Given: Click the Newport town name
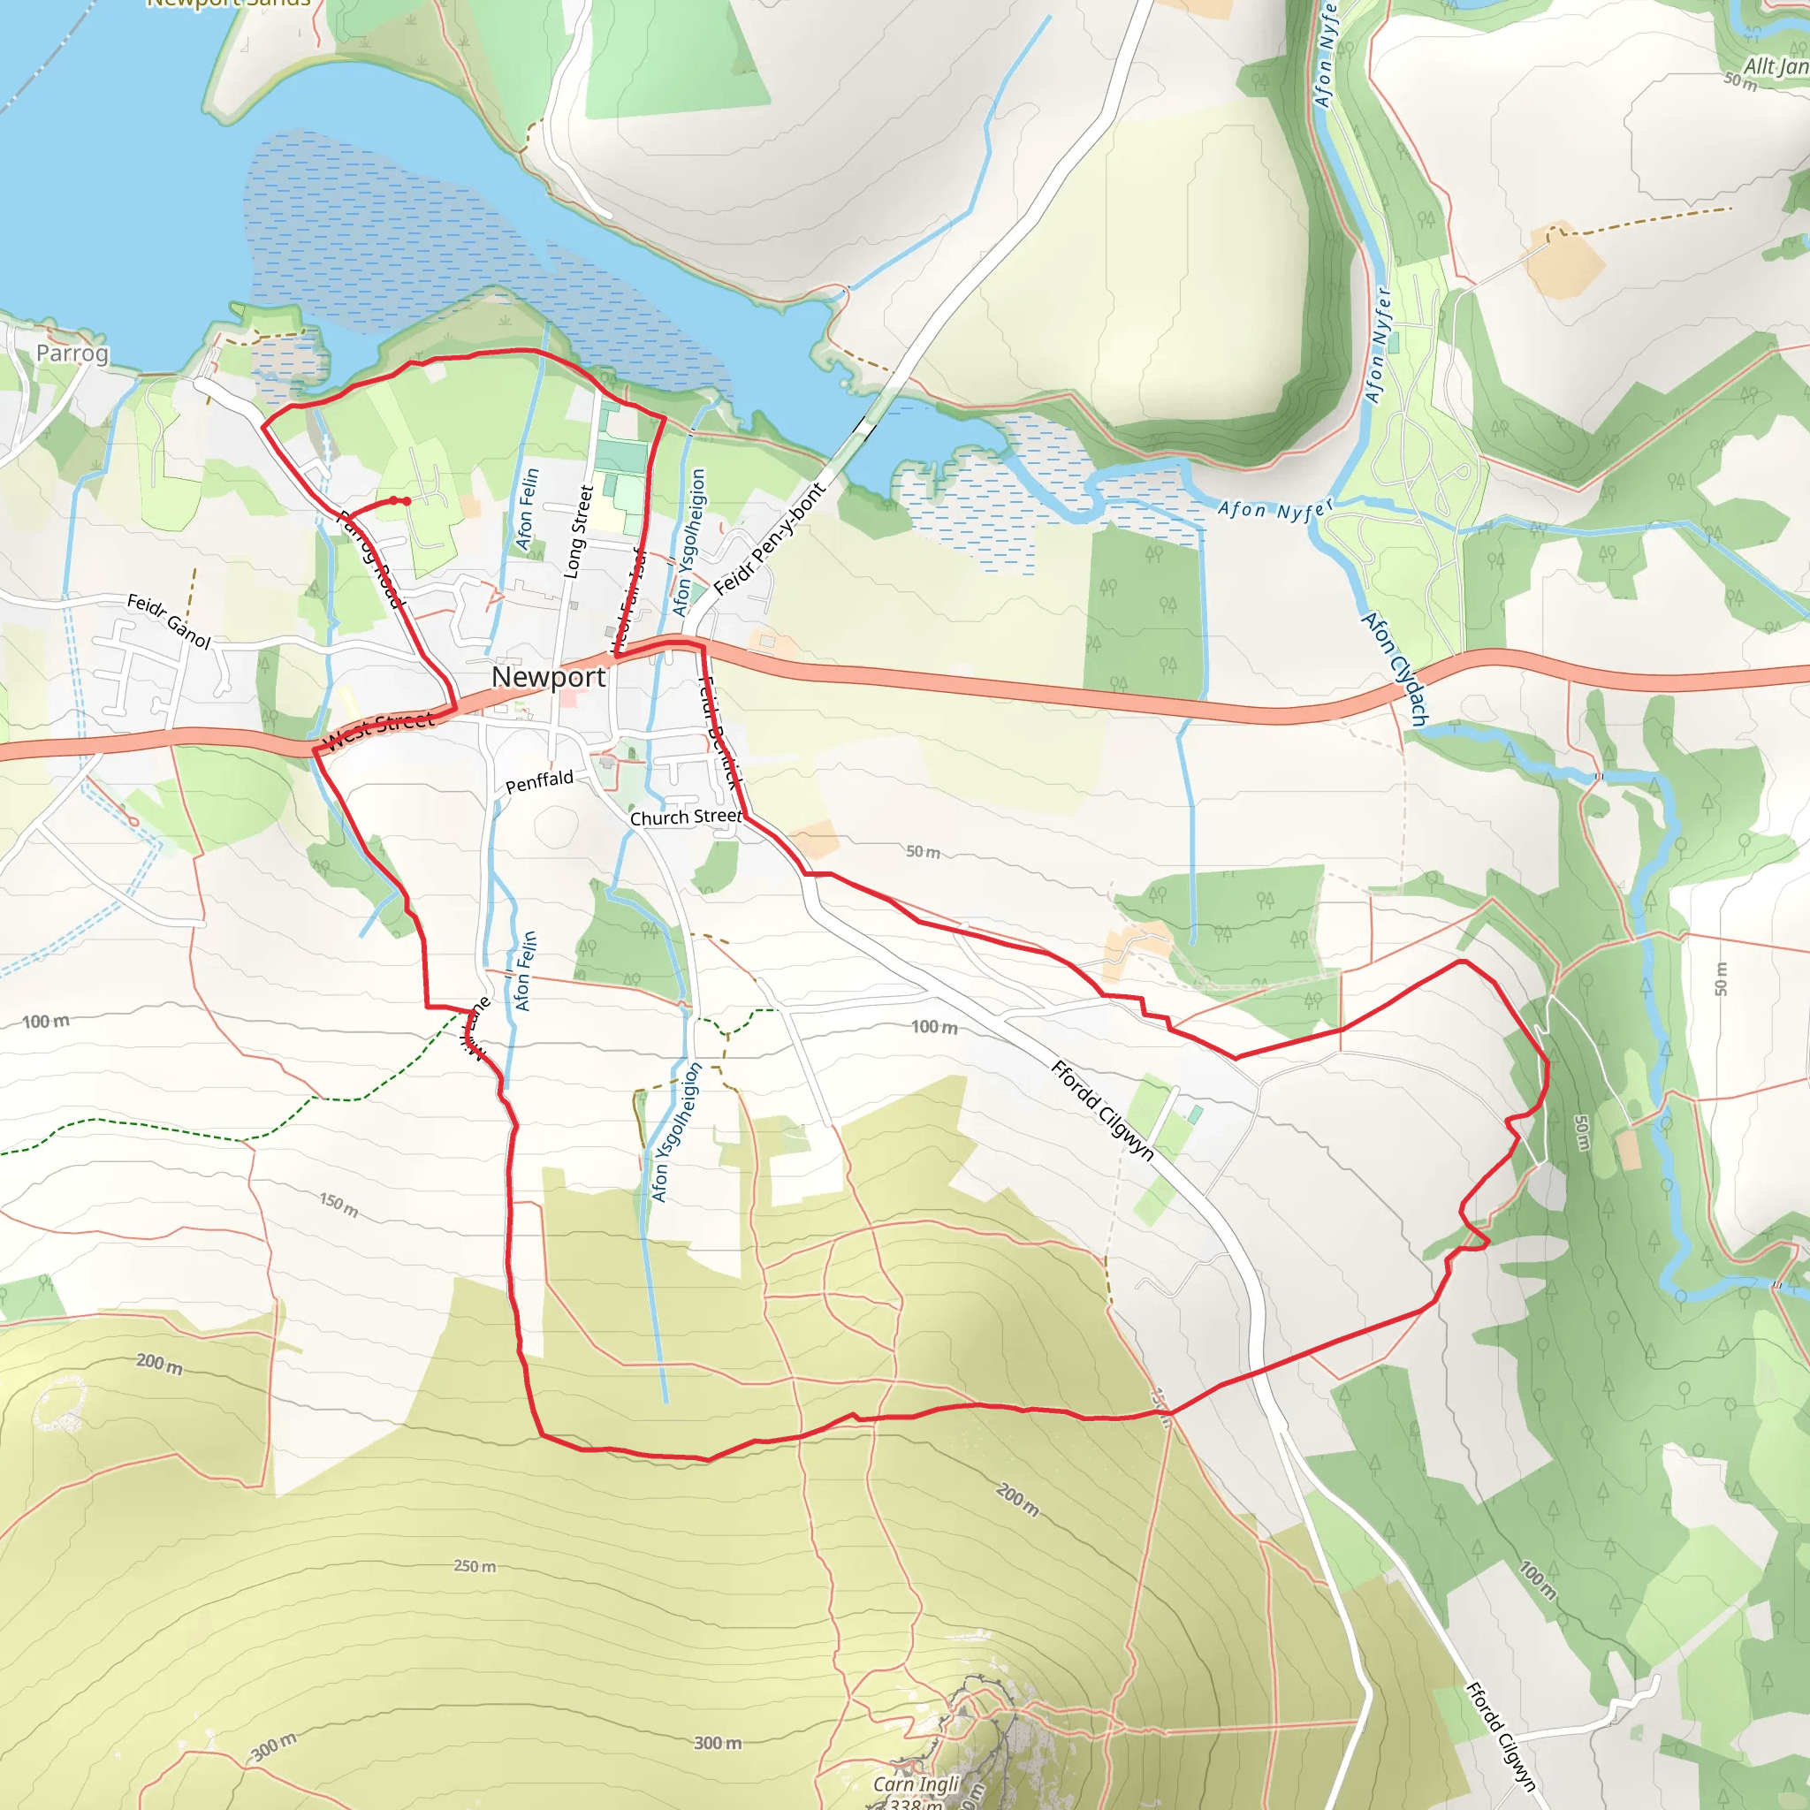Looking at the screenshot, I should [548, 676].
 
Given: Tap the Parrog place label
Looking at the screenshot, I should [72, 354].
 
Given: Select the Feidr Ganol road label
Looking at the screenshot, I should [170, 621].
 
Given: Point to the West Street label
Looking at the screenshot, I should [378, 730].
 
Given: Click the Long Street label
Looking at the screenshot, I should [578, 531].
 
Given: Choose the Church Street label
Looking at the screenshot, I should [685, 817].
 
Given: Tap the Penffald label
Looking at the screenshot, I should [539, 780].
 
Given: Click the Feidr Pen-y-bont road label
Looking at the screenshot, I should [769, 540].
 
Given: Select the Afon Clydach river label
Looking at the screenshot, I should [1395, 669].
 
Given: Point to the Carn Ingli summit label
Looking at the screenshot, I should [916, 1783].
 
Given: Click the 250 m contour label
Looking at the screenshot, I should [475, 1566].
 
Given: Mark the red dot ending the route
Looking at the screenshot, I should [406, 501].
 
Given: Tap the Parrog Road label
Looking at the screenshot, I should [371, 559].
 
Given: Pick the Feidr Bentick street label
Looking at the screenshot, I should [719, 732].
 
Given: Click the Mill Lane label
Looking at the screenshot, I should [476, 1029].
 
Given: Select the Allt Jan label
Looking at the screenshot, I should [1776, 65].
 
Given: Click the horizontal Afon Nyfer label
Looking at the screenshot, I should [1274, 510].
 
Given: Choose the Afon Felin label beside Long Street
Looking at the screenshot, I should [528, 510].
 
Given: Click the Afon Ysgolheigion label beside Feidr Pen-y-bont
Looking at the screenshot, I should [688, 543].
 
